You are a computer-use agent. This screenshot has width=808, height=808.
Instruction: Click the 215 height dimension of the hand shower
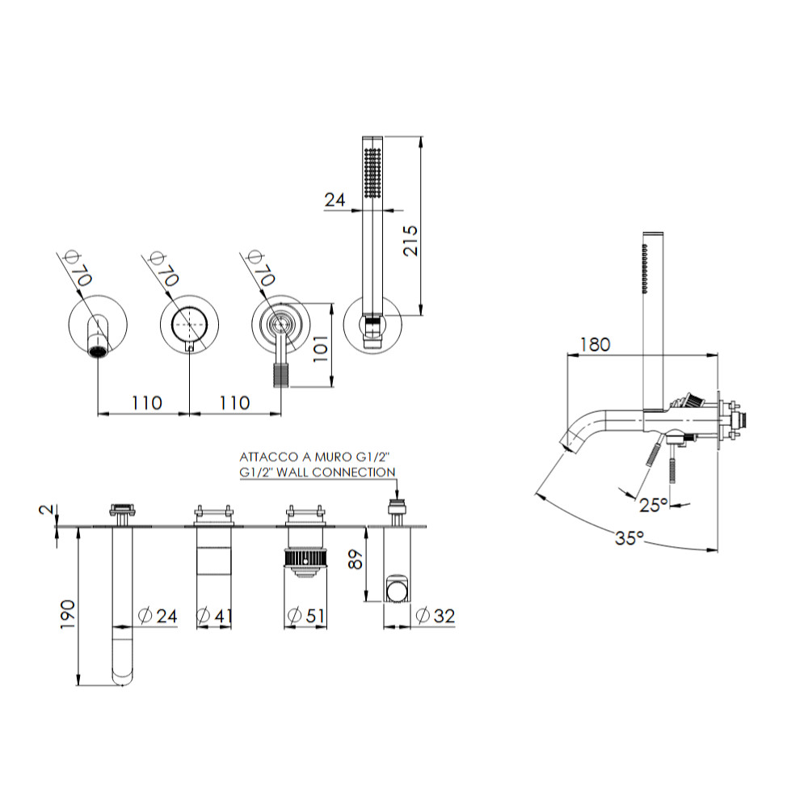(410, 240)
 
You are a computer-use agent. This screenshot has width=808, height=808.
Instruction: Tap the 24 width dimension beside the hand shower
(335, 200)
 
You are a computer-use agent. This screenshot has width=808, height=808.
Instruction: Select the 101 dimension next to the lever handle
(321, 348)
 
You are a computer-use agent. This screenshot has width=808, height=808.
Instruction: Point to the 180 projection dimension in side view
(595, 344)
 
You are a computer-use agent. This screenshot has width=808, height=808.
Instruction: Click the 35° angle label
(629, 538)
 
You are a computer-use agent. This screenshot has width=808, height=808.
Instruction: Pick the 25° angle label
(654, 504)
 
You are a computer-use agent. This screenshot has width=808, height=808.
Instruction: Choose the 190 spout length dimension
(68, 614)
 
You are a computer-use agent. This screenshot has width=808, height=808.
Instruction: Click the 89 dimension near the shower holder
(356, 559)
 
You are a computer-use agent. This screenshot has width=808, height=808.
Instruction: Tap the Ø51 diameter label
(306, 615)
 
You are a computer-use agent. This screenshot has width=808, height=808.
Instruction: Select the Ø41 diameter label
(214, 615)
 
